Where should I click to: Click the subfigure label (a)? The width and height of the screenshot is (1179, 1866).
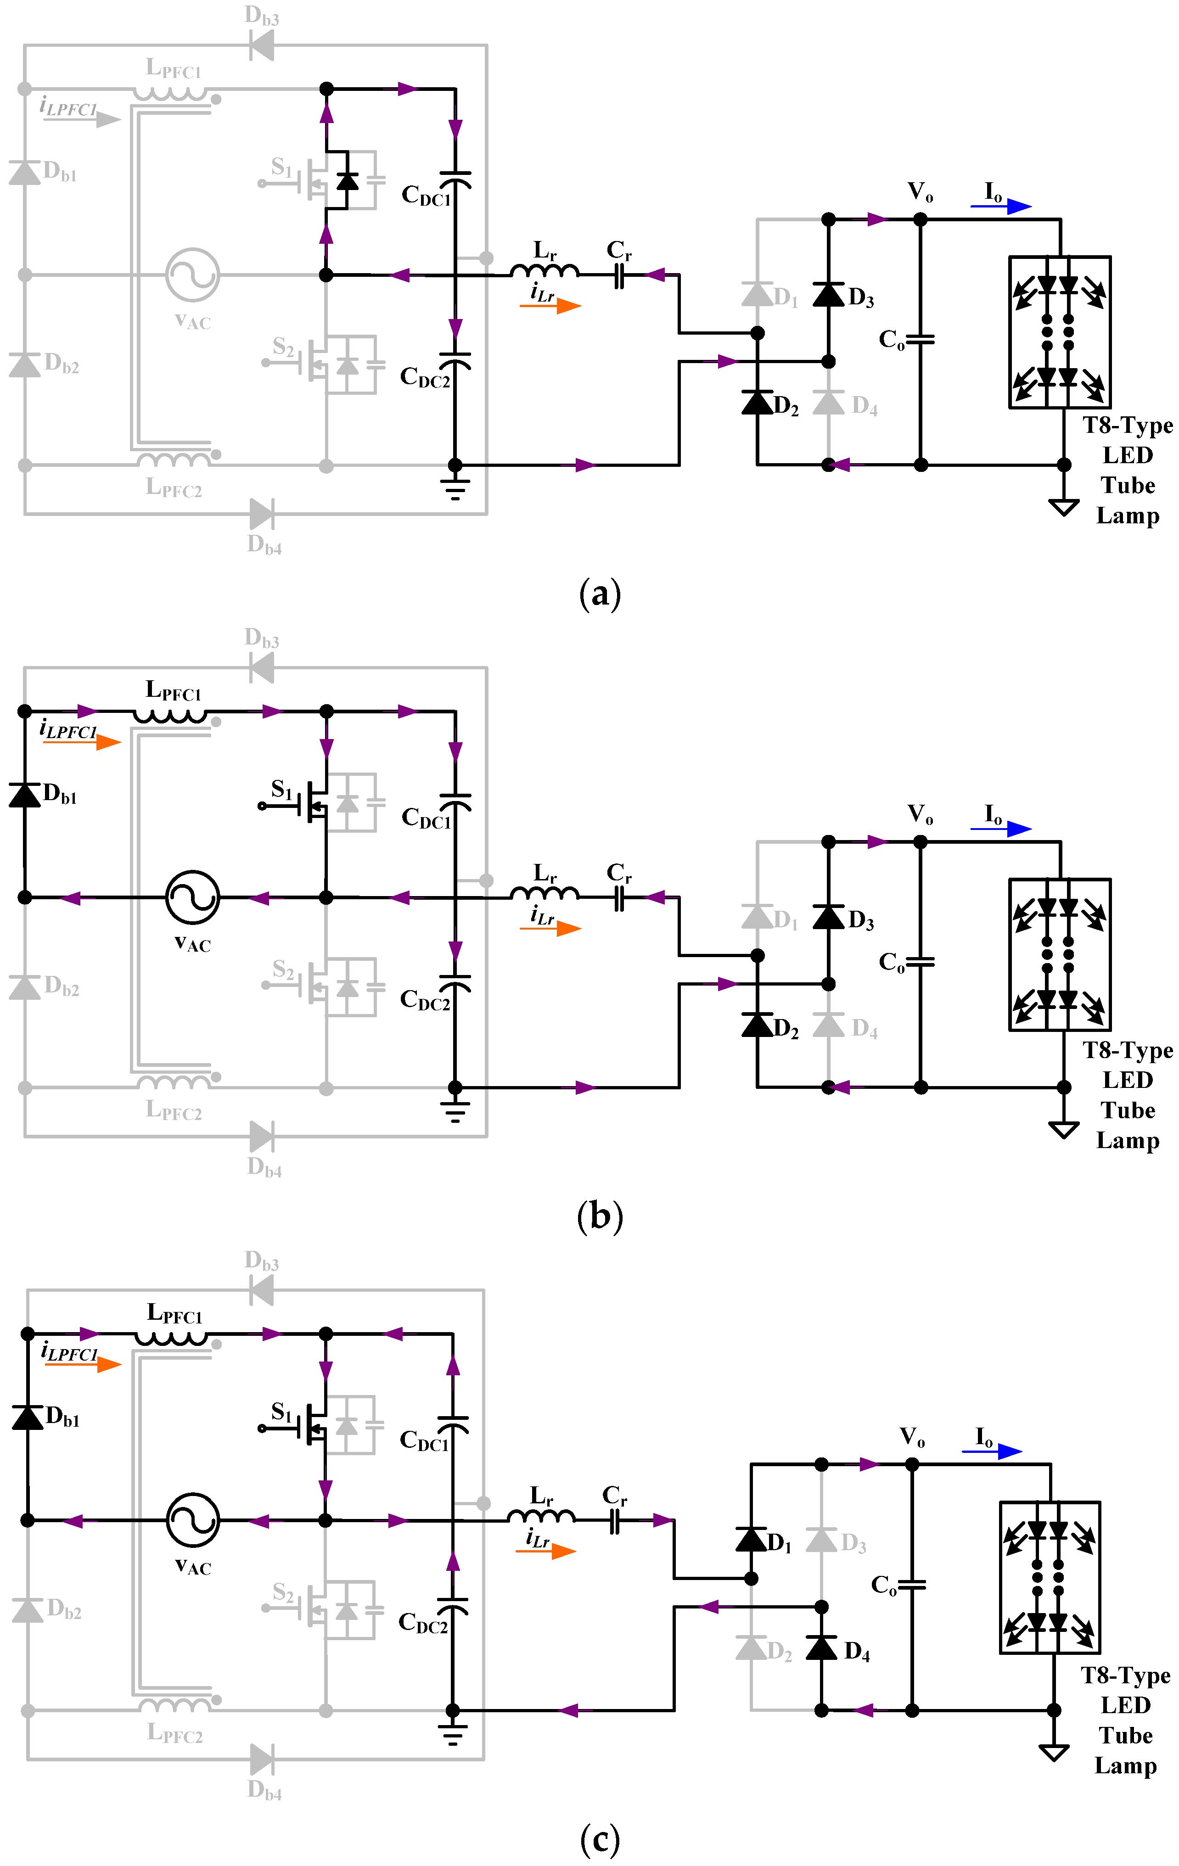[599, 594]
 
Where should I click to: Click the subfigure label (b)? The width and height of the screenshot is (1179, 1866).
[599, 1216]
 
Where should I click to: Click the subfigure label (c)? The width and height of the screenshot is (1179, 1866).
[599, 1839]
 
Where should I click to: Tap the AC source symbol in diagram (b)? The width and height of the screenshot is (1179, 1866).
[193, 897]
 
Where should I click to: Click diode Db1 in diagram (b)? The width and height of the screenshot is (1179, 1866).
[25, 794]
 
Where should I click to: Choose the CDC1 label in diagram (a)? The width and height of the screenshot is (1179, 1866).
[426, 195]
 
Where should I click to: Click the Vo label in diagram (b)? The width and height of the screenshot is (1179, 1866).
[920, 814]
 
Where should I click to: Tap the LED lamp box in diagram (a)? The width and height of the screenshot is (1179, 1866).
[1059, 332]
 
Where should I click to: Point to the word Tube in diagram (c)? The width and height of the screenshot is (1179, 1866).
[1126, 1735]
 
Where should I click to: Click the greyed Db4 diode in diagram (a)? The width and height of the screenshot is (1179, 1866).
[261, 514]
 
